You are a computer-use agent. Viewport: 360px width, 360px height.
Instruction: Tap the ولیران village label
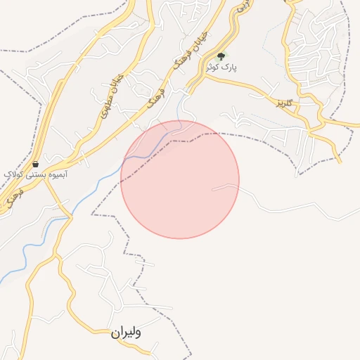126,333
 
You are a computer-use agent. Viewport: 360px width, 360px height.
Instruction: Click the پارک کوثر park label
221,67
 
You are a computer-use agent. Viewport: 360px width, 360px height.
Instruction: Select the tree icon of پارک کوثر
221,56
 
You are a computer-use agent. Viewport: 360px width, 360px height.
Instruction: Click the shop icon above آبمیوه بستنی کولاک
35,164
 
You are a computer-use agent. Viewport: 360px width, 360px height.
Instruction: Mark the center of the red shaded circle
180,180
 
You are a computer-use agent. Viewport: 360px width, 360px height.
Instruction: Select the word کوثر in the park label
214,67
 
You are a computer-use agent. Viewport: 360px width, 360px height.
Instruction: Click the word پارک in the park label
230,67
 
